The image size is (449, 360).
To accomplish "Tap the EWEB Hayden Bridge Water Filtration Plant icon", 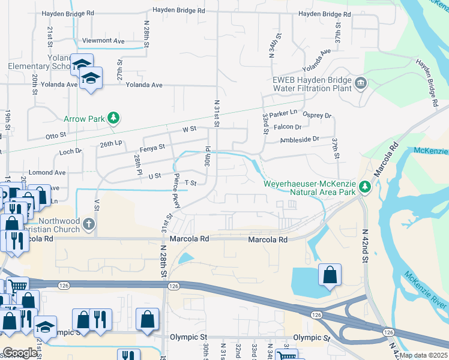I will click(x=361, y=82).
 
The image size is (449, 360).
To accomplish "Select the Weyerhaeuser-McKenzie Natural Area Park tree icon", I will click(x=365, y=188).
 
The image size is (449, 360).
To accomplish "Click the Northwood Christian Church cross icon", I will click(x=89, y=224).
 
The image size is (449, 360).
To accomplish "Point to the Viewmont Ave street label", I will click(x=103, y=41).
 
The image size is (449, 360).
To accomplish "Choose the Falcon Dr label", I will click(x=288, y=127).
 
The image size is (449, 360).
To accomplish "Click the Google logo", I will click(x=20, y=353).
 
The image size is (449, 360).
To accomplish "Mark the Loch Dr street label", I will click(x=70, y=152).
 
